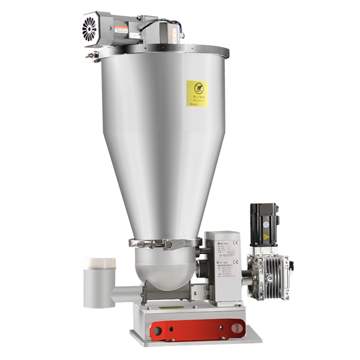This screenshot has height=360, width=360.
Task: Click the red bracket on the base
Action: [198, 327]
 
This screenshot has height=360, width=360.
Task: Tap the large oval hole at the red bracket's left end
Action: [159, 328]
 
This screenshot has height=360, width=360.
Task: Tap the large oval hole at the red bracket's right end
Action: [236, 326]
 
